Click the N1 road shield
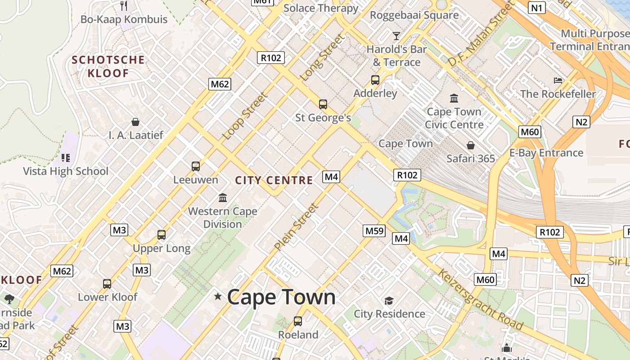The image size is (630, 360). click(x=537, y=8)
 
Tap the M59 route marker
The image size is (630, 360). click(x=374, y=231)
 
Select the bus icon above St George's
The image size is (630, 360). click(x=323, y=104)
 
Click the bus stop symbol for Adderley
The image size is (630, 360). click(x=375, y=80)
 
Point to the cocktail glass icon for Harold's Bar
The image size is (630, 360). click(x=396, y=36)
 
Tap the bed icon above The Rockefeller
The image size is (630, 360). click(x=558, y=81)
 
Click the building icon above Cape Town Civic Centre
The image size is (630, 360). click(x=454, y=98)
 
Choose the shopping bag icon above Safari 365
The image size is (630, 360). click(x=470, y=145)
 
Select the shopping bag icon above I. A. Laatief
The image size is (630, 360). click(x=135, y=122)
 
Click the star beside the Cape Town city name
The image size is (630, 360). click(x=218, y=296)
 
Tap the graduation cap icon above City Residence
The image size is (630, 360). click(x=389, y=300)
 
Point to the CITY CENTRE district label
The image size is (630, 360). click(x=274, y=180)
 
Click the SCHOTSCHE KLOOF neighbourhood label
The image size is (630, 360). click(x=108, y=66)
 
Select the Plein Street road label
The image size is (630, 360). click(x=296, y=227)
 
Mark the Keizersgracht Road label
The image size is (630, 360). click(x=481, y=300)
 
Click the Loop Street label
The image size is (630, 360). click(x=245, y=116)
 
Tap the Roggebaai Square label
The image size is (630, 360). click(x=414, y=15)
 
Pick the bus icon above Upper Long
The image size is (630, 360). click(x=162, y=235)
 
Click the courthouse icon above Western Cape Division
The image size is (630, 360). click(x=222, y=198)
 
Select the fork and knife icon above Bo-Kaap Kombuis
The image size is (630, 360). click(x=124, y=5)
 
